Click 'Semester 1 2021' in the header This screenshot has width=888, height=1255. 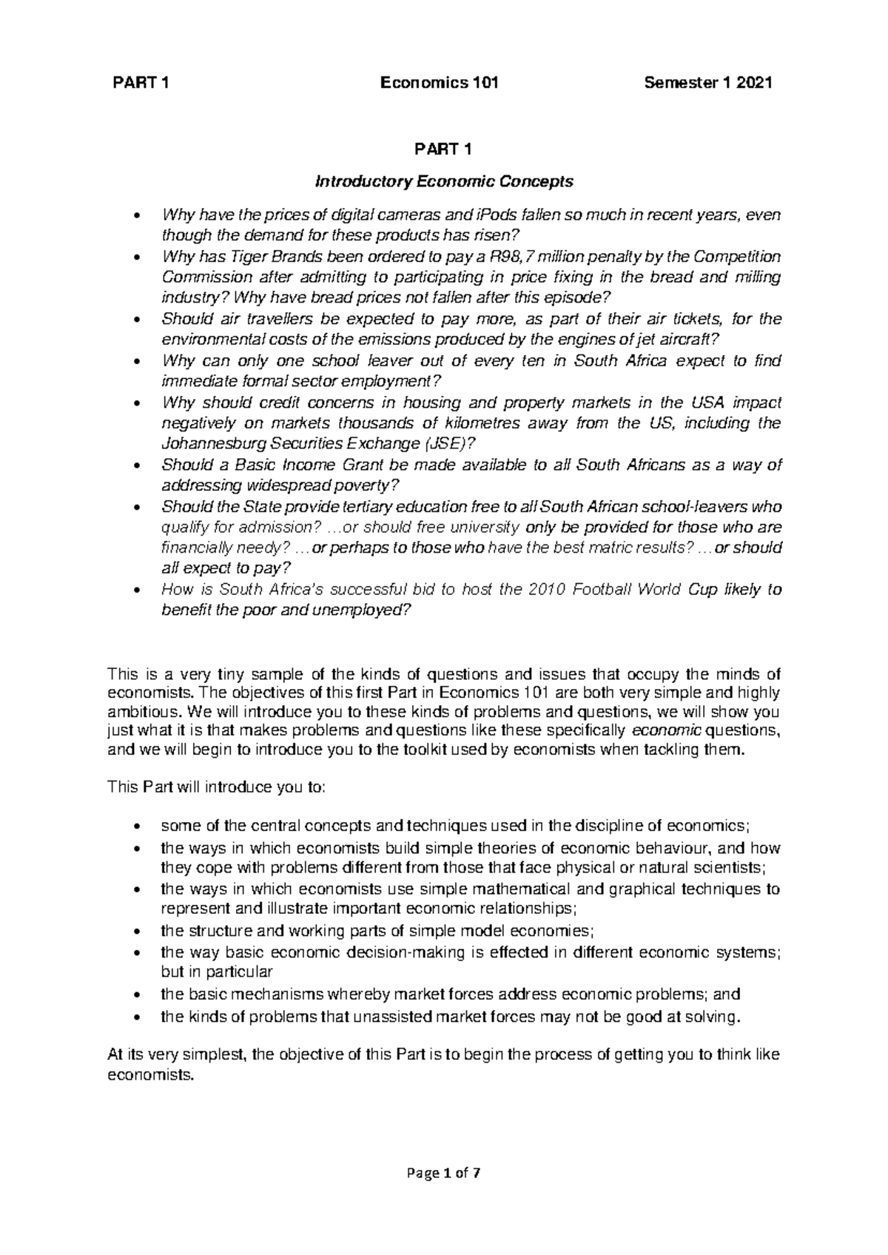(x=708, y=83)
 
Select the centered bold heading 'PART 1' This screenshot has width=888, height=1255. (x=443, y=149)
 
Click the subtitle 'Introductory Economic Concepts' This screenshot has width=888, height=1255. (x=444, y=181)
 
